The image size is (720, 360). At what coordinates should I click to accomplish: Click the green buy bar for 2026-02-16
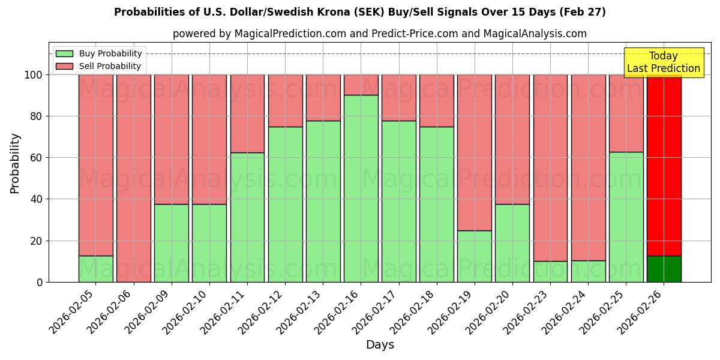(x=361, y=188)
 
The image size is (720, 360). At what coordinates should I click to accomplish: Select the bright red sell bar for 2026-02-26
(x=664, y=165)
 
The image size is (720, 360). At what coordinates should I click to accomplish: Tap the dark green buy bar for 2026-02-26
(x=664, y=269)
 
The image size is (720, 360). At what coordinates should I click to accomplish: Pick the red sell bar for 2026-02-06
(x=134, y=178)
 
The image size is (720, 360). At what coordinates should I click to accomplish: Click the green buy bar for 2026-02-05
(x=96, y=269)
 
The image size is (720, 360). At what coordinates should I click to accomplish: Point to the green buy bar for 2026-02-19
(x=475, y=256)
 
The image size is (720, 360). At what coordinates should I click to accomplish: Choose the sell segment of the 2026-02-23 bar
(x=550, y=168)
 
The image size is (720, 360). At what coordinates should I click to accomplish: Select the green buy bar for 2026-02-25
(x=626, y=217)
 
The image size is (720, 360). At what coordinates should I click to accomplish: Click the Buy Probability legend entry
(x=99, y=53)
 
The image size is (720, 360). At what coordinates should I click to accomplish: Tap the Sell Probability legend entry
(x=99, y=66)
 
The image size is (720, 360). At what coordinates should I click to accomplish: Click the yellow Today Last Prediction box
(x=663, y=62)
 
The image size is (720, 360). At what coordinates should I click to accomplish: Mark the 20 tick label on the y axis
(x=37, y=241)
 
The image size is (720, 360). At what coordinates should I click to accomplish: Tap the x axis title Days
(x=380, y=345)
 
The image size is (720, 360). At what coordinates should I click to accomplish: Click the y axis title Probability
(x=15, y=163)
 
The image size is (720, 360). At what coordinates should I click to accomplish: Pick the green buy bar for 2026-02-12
(x=286, y=204)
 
